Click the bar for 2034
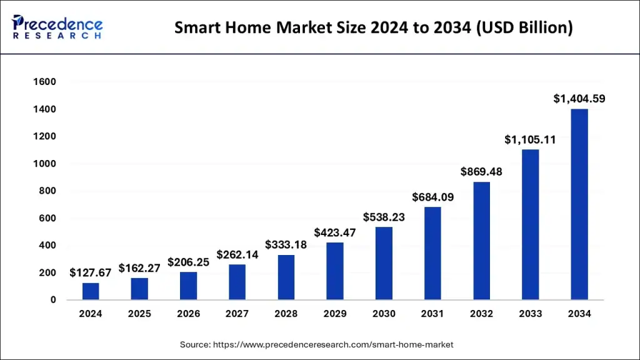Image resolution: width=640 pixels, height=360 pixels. [579, 204]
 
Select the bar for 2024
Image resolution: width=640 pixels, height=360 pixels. [91, 291]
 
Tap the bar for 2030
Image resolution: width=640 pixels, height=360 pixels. [384, 263]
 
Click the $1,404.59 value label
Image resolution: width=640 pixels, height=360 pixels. [579, 99]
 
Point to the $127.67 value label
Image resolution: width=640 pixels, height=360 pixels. [91, 272]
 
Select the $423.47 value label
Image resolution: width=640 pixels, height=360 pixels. [335, 232]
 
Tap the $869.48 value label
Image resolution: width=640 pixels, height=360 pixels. [482, 171]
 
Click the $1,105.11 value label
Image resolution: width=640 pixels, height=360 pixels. [530, 139]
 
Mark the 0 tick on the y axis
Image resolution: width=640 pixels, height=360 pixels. [54, 300]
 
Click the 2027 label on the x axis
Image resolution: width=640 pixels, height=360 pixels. [237, 314]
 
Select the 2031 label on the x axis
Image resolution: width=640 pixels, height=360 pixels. [432, 314]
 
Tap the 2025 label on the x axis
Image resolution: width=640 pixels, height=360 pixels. [139, 314]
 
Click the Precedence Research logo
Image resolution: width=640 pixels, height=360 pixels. [57, 27]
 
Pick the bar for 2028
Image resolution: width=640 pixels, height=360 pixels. [286, 277]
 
